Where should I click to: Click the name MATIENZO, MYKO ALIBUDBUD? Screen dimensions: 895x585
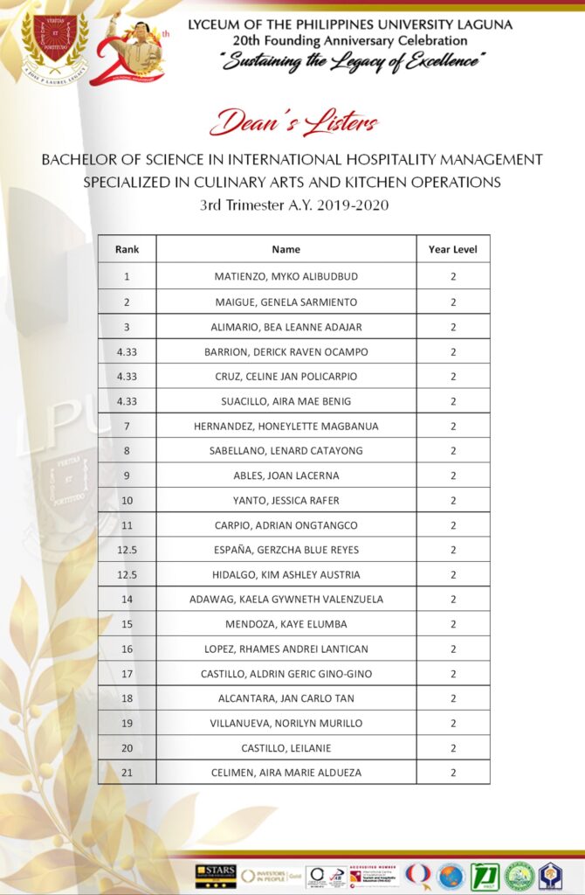point(286,276)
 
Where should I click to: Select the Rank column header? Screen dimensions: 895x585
point(127,249)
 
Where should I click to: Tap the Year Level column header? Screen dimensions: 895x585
point(452,249)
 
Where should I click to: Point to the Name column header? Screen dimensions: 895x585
point(286,249)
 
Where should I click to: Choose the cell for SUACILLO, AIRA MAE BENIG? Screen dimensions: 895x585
point(286,401)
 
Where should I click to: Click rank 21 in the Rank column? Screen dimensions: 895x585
point(127,773)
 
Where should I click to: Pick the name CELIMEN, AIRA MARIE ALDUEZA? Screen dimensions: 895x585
point(286,773)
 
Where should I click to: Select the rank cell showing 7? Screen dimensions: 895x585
point(127,426)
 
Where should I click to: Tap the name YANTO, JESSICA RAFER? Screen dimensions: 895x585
point(286,500)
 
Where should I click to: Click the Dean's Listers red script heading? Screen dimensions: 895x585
point(293,122)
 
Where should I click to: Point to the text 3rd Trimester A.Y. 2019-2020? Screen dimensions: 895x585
point(293,205)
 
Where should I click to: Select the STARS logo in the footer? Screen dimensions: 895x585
point(216,875)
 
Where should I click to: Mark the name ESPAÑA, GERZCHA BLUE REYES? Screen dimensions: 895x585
point(286,550)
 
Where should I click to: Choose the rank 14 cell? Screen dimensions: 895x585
point(127,600)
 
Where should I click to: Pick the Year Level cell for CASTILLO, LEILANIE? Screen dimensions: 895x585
point(452,748)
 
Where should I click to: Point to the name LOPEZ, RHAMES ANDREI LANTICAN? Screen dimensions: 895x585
point(286,649)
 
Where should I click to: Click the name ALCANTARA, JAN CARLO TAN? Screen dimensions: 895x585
point(286,698)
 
